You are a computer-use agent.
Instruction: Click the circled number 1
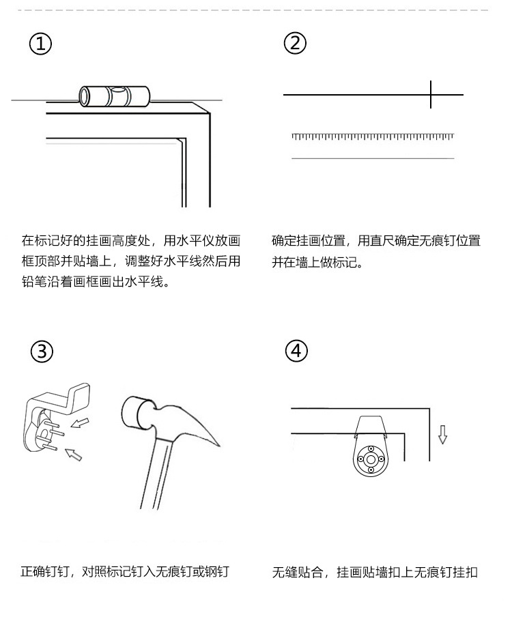tap(40, 44)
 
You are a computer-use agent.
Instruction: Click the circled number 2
tap(295, 43)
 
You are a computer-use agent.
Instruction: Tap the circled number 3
tap(42, 351)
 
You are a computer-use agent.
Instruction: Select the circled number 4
tap(296, 351)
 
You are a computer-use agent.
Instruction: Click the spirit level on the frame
tap(115, 96)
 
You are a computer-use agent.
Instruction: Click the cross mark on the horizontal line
tap(431, 94)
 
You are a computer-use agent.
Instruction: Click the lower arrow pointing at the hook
tap(74, 453)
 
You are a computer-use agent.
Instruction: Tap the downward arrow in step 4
tap(442, 434)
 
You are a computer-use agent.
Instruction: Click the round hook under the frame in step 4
tap(371, 459)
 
